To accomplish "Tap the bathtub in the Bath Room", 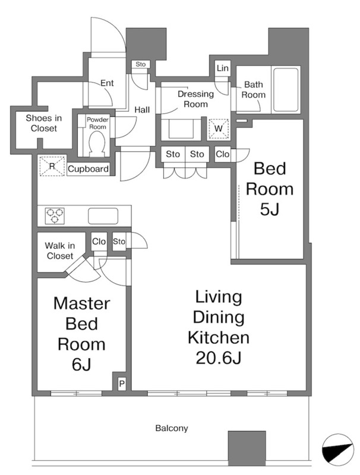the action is click(x=286, y=90).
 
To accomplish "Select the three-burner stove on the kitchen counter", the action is click(x=55, y=216).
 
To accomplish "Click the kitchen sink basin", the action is click(x=103, y=216).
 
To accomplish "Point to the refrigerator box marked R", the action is click(x=52, y=166).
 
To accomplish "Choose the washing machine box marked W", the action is click(x=218, y=128).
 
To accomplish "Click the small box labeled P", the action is click(x=122, y=384).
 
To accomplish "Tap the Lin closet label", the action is click(x=222, y=68).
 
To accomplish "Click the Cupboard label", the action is click(x=88, y=169).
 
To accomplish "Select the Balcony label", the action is click(x=172, y=428).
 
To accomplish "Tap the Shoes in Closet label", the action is click(x=44, y=123).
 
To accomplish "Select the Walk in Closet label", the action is click(x=60, y=251).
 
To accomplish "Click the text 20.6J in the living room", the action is click(x=218, y=359).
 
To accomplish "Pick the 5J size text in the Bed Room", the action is click(x=269, y=209).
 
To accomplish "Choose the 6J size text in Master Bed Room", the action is click(x=81, y=365).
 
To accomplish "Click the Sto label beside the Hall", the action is click(x=140, y=64).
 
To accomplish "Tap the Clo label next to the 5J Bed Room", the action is click(x=222, y=154).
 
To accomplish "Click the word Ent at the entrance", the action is click(x=107, y=83).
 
